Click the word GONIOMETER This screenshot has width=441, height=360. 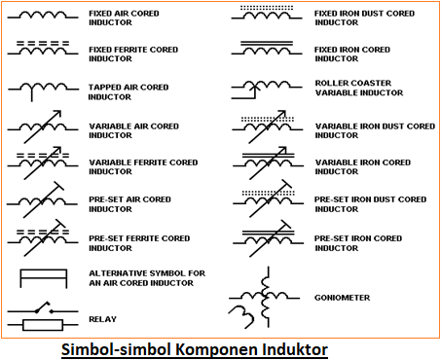(343, 298)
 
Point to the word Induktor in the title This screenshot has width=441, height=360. (291, 348)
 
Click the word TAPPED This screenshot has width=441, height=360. (103, 88)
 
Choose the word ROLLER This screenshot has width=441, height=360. (330, 84)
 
